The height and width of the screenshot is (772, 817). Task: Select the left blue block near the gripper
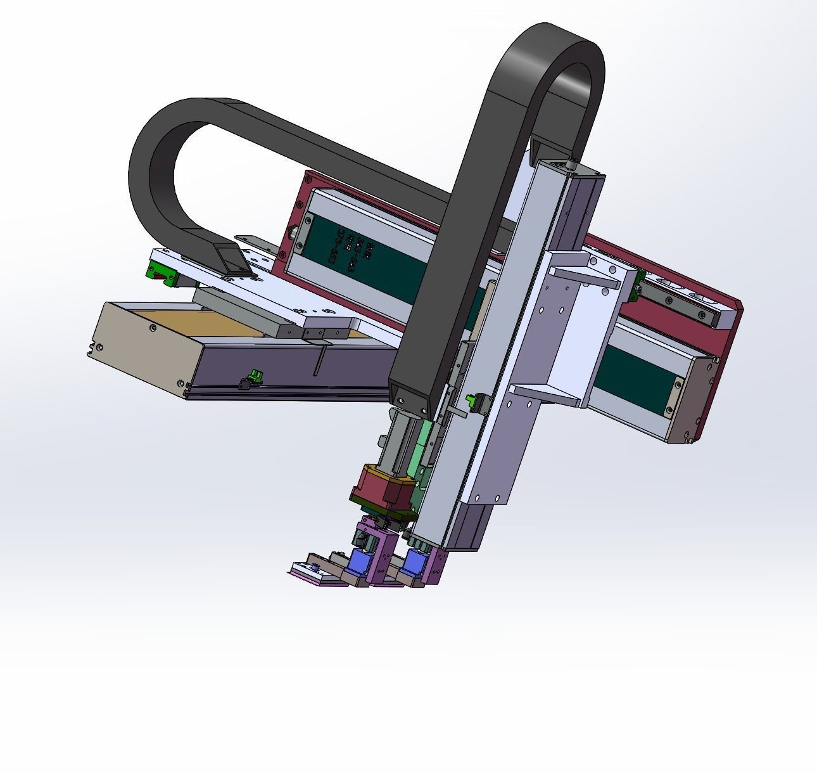point(360,562)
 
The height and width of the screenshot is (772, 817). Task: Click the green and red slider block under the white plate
point(162,273)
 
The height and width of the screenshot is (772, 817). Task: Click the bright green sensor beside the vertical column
point(472,399)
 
